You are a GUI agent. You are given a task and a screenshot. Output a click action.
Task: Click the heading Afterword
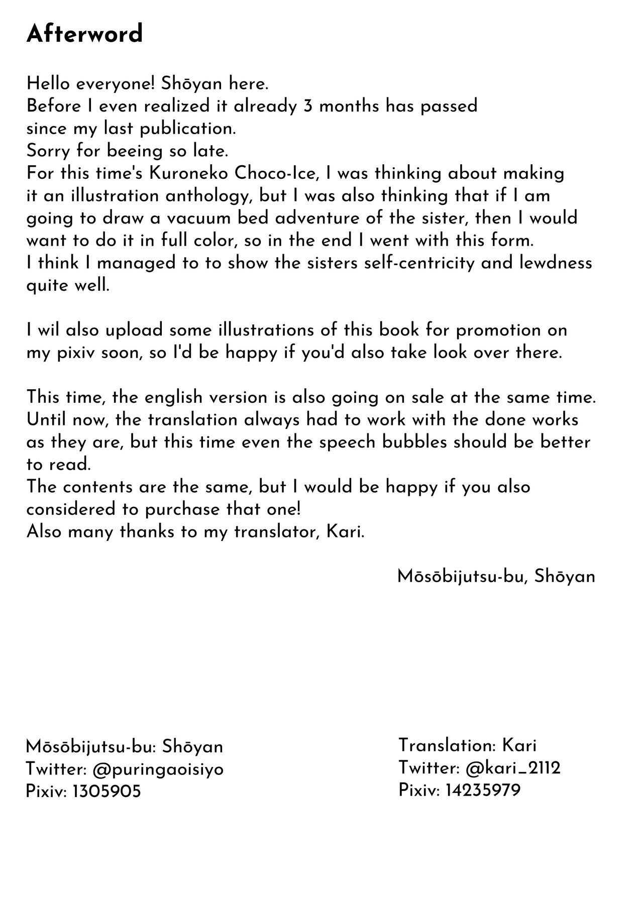pos(84,34)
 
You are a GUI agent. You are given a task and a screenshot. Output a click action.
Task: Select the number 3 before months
pos(309,106)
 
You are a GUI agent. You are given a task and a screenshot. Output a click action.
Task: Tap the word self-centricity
pos(408,263)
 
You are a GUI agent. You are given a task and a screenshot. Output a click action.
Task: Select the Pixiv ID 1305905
pos(106,792)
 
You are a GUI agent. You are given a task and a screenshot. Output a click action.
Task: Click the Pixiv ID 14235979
pos(482,791)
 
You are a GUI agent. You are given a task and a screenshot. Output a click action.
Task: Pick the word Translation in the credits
pos(447,745)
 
